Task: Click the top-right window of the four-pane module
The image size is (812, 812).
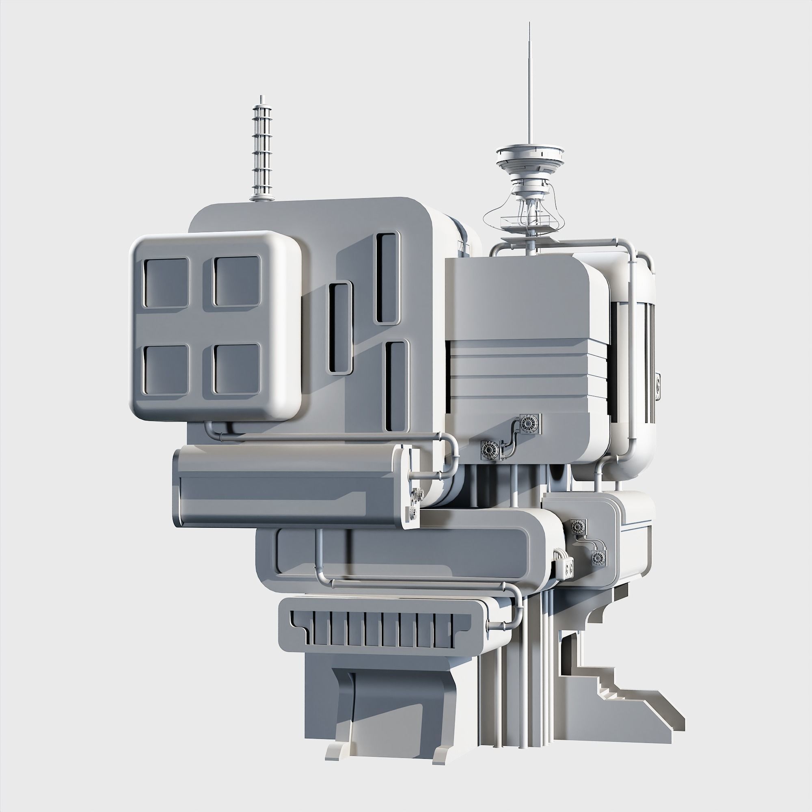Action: click(x=237, y=281)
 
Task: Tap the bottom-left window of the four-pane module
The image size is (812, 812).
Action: click(x=166, y=369)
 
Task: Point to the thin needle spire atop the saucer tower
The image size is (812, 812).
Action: click(x=528, y=84)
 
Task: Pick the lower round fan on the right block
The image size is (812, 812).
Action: click(x=490, y=450)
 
